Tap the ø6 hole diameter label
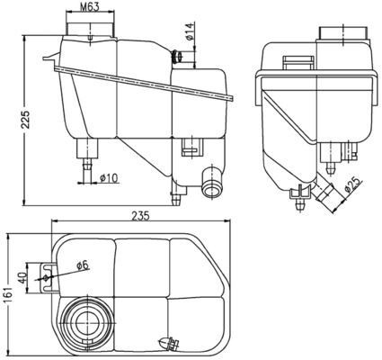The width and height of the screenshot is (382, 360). [x=82, y=265]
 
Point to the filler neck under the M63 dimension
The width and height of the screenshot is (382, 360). [x=89, y=31]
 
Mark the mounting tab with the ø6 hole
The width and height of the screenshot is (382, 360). [x=46, y=274]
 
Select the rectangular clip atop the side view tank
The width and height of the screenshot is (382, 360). [x=293, y=62]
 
